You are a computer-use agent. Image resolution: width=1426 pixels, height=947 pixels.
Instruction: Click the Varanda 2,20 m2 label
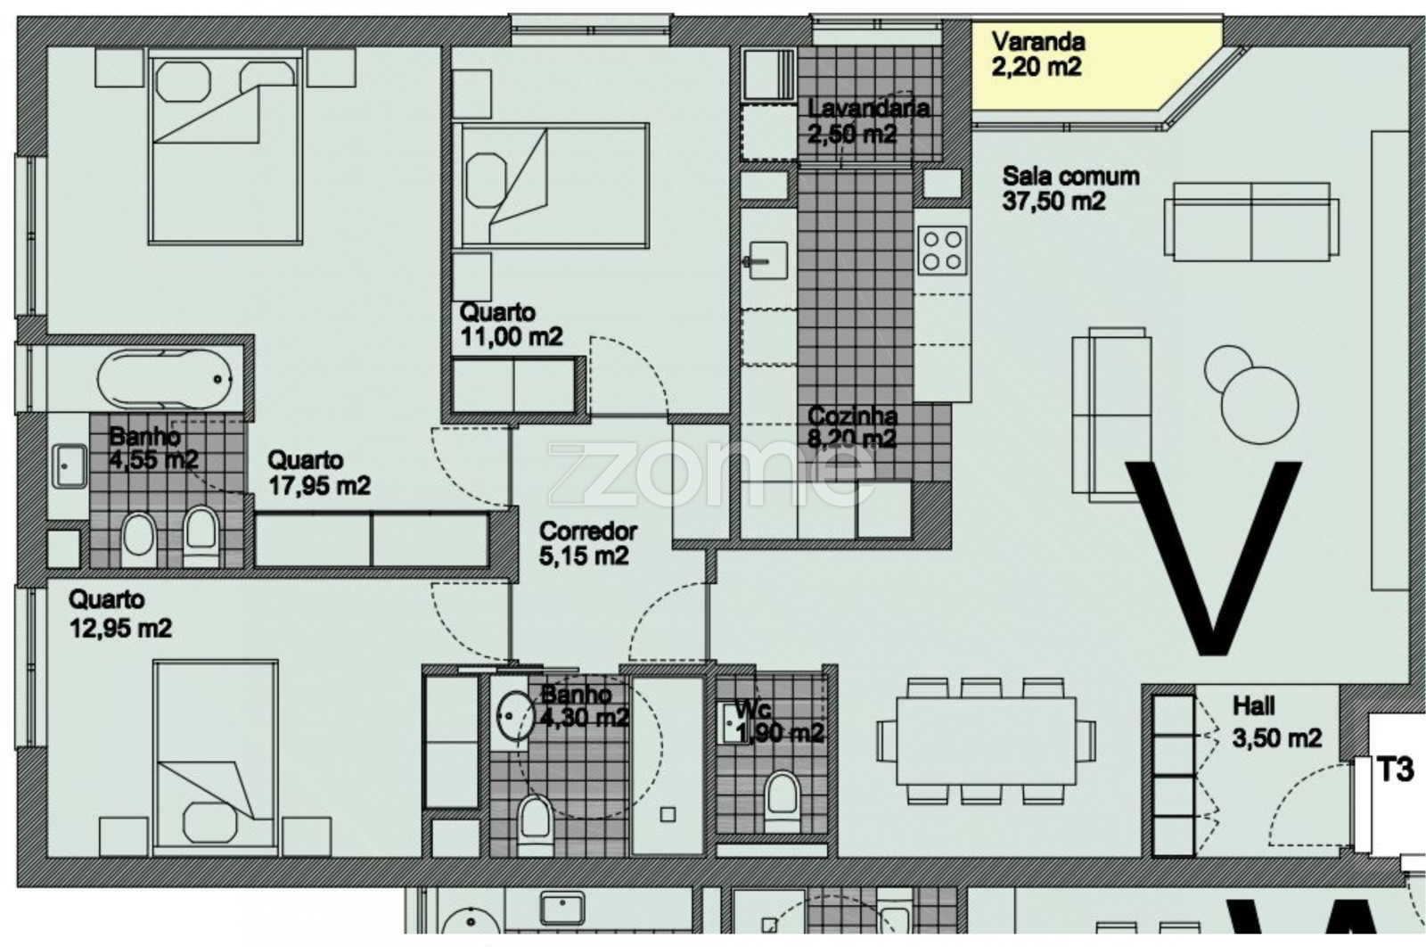[1038, 54]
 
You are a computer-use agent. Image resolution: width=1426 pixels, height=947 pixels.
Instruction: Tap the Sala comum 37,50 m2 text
[1070, 188]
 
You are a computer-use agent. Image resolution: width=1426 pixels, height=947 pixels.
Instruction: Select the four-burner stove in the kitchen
[942, 251]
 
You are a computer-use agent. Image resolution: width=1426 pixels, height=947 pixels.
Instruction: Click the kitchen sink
[767, 260]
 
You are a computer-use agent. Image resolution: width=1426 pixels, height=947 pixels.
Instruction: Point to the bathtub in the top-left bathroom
[165, 380]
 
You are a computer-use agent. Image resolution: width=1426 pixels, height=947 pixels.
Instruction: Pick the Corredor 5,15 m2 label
[587, 543]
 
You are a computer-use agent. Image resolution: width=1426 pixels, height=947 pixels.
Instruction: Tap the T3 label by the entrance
[1396, 770]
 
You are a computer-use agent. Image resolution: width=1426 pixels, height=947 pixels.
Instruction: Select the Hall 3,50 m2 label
[1277, 722]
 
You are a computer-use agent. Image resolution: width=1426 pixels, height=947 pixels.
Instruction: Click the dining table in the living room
[986, 741]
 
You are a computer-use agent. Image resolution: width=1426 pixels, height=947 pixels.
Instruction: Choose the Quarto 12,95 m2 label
[120, 613]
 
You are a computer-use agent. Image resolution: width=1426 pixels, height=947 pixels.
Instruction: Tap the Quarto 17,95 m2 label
[319, 473]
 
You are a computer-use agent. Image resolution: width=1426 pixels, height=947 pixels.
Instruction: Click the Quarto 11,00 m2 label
[512, 325]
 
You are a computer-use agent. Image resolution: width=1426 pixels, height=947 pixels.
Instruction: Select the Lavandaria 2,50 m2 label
[868, 121]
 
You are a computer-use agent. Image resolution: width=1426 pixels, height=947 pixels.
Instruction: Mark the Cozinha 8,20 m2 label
[852, 427]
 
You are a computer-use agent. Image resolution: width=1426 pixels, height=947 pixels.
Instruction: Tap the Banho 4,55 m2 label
[153, 448]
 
